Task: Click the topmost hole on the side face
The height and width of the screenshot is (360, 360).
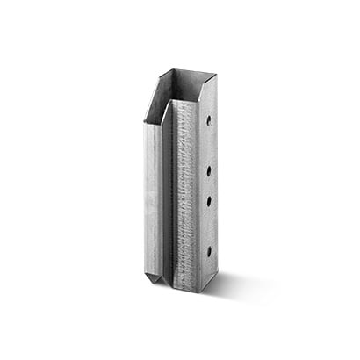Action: click(x=209, y=117)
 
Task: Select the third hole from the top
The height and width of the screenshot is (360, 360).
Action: click(x=209, y=201)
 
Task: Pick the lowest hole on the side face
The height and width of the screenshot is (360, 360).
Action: click(x=209, y=251)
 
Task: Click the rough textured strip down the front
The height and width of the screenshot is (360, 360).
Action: click(x=186, y=193)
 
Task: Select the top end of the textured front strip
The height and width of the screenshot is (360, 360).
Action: click(x=185, y=104)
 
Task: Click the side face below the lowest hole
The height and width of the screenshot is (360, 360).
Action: click(x=209, y=268)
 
